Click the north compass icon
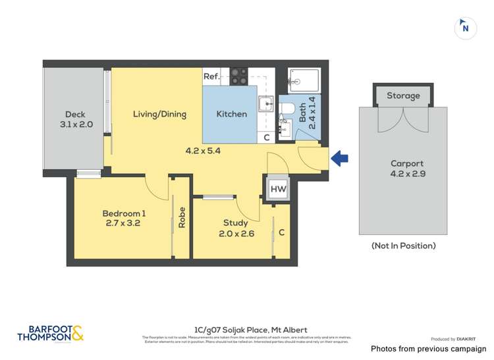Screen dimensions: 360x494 pyautogui.click(x=466, y=28)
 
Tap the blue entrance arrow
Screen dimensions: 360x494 pyautogui.click(x=340, y=158)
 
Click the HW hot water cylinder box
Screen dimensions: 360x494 pyautogui.click(x=278, y=190)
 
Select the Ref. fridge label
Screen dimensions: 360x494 pyautogui.click(x=211, y=76)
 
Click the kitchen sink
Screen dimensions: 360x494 pyautogui.click(x=267, y=103)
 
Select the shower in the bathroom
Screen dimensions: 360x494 pyautogui.click(x=304, y=82)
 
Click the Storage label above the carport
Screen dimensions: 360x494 pyautogui.click(x=403, y=96)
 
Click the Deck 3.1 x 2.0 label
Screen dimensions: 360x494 pyautogui.click(x=73, y=119)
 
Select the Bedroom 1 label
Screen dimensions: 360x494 pyautogui.click(x=124, y=218)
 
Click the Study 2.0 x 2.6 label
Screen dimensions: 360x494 pyautogui.click(x=236, y=227)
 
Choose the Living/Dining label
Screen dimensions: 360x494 pyautogui.click(x=159, y=114)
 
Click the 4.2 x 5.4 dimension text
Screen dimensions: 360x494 pyautogui.click(x=202, y=150)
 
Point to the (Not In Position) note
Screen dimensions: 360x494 pyautogui.click(x=403, y=245)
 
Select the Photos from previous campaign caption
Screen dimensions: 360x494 pyautogui.click(x=428, y=349)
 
